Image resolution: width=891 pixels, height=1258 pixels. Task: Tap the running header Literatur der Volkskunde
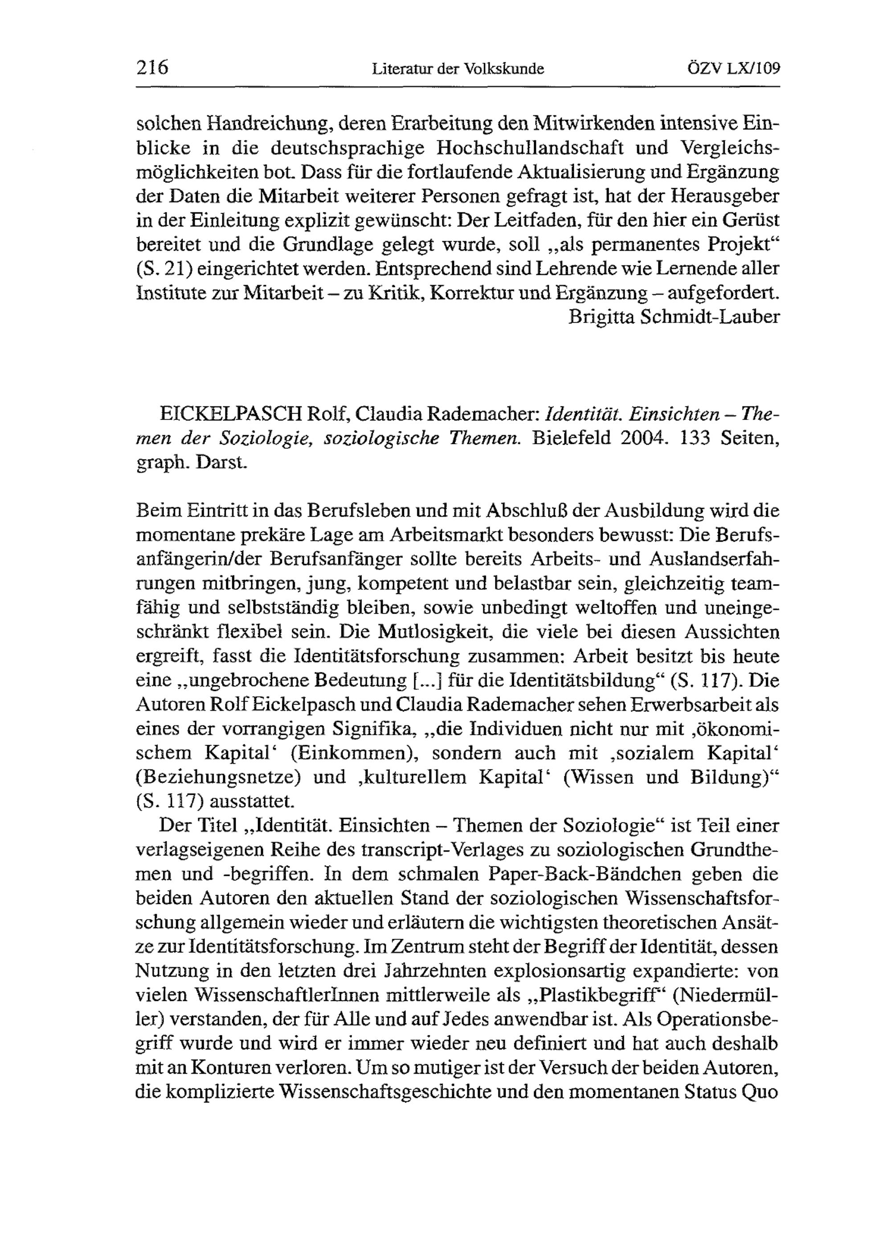(x=458, y=69)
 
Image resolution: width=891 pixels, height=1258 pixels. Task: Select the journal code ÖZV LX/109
(x=733, y=69)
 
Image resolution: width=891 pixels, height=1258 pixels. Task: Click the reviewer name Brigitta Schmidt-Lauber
(x=674, y=317)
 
